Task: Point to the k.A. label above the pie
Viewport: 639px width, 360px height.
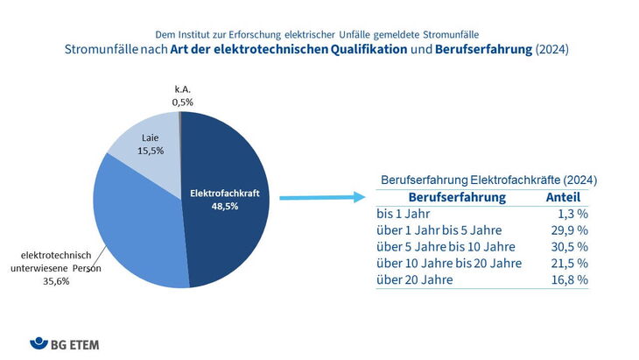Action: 180,88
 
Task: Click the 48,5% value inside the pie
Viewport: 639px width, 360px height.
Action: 223,206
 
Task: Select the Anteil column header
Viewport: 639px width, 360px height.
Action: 563,197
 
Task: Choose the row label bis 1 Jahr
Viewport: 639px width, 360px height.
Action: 404,213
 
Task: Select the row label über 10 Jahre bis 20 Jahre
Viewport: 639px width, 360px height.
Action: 448,263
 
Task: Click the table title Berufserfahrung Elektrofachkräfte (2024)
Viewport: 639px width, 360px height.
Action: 488,179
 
